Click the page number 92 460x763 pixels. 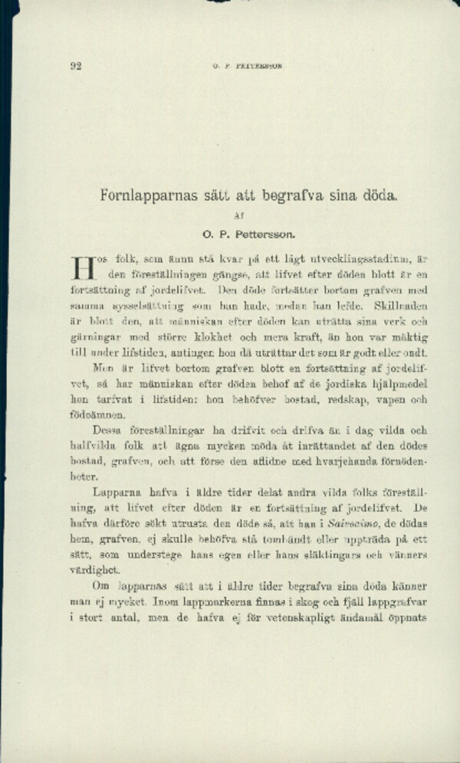coord(75,66)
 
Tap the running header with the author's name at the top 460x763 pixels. coord(248,66)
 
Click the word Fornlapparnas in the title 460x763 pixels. coord(147,195)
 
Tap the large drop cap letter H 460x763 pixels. coord(81,267)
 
